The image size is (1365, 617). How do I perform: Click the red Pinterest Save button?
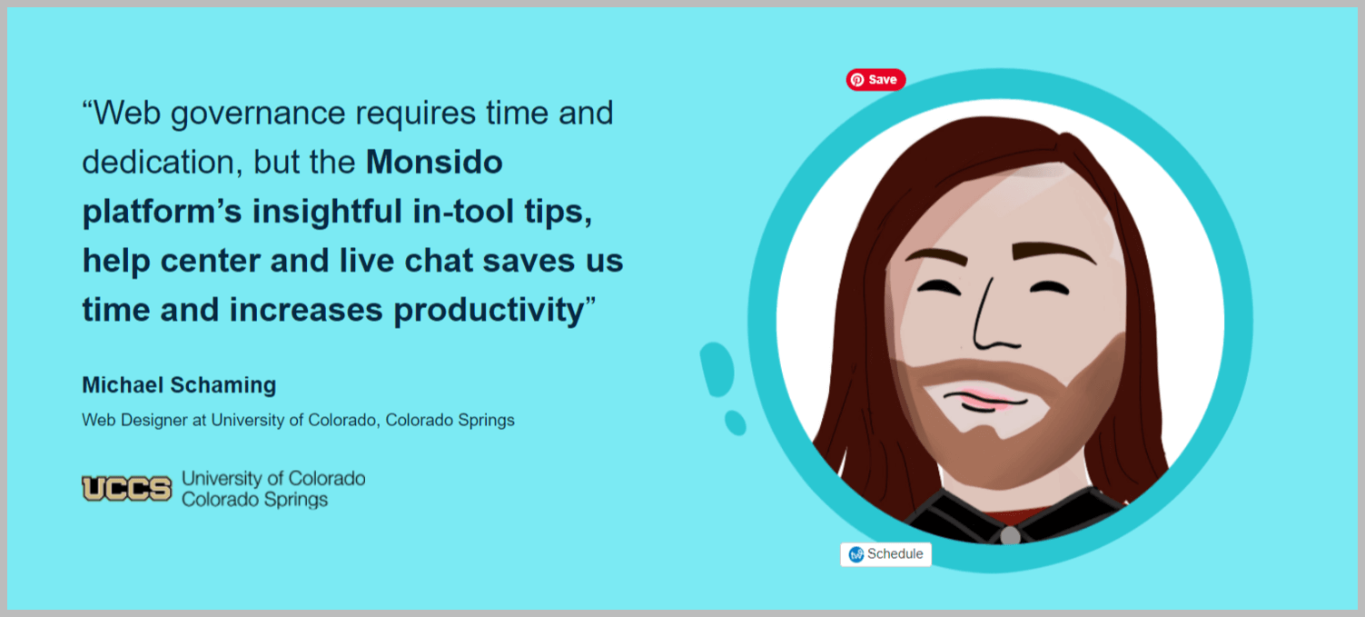click(875, 80)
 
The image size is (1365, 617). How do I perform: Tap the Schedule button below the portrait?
click(886, 554)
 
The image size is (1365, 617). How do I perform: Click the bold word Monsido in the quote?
click(434, 162)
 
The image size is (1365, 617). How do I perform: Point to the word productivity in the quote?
click(490, 311)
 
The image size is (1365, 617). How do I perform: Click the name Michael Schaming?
click(179, 385)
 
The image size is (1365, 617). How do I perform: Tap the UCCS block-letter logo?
click(127, 488)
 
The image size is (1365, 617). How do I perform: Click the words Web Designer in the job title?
click(134, 420)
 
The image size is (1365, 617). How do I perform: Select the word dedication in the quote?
click(158, 163)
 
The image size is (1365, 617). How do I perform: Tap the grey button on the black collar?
click(1010, 536)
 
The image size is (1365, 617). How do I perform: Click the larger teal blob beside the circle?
click(717, 370)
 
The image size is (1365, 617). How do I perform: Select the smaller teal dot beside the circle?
click(736, 423)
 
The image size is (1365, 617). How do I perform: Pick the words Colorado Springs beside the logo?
click(254, 500)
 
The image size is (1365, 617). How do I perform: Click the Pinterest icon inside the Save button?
click(857, 80)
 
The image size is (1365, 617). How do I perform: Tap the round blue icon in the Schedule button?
click(856, 554)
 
